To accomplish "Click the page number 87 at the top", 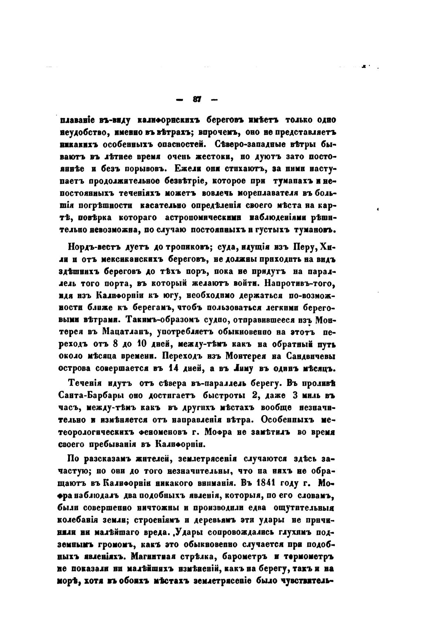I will point(197,100).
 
